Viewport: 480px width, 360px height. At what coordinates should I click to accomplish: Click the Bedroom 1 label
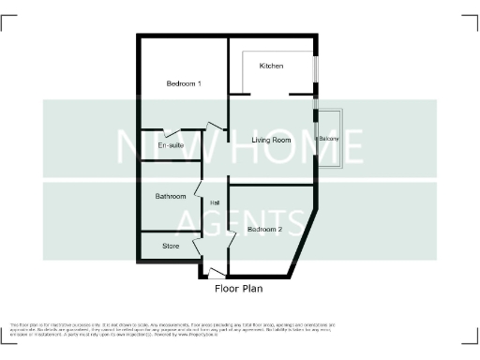[x=185, y=84]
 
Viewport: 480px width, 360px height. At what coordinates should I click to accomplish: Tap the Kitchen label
[x=272, y=66]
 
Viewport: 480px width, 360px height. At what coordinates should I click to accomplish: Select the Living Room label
[x=272, y=141]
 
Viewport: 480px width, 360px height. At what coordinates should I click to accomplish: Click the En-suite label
[x=170, y=147]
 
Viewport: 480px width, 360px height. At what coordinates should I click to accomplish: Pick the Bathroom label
[x=171, y=197]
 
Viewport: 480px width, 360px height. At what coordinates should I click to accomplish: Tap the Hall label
[x=215, y=203]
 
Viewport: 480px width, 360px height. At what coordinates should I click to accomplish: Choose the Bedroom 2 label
[x=265, y=229]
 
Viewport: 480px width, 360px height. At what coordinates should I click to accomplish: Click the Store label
[x=171, y=247]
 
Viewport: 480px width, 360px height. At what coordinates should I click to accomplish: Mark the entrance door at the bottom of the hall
[x=217, y=273]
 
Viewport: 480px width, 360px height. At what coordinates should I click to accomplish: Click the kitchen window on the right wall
[x=315, y=70]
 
